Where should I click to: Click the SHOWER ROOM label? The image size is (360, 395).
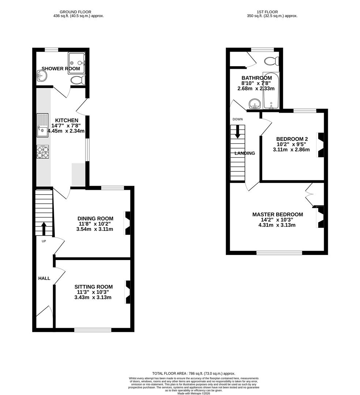[61, 68]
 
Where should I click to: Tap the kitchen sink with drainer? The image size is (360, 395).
[42, 125]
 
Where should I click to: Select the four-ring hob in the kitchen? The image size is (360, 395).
[42, 152]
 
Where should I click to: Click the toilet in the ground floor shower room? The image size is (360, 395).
[77, 80]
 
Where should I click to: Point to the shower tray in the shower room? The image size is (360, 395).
[76, 63]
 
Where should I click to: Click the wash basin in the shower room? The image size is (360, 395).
[42, 76]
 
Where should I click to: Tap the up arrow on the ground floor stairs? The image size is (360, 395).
[44, 228]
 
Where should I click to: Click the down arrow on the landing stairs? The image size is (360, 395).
[237, 132]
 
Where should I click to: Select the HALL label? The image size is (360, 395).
[44, 278]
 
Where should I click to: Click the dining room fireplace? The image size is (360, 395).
[127, 223]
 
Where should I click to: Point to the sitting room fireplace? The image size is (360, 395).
[128, 291]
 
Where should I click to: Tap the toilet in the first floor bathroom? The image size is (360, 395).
[271, 60]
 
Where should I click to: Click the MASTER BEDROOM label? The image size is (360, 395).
[277, 214]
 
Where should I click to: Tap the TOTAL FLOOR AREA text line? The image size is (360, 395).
[194, 373]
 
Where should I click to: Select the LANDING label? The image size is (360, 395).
[245, 153]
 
